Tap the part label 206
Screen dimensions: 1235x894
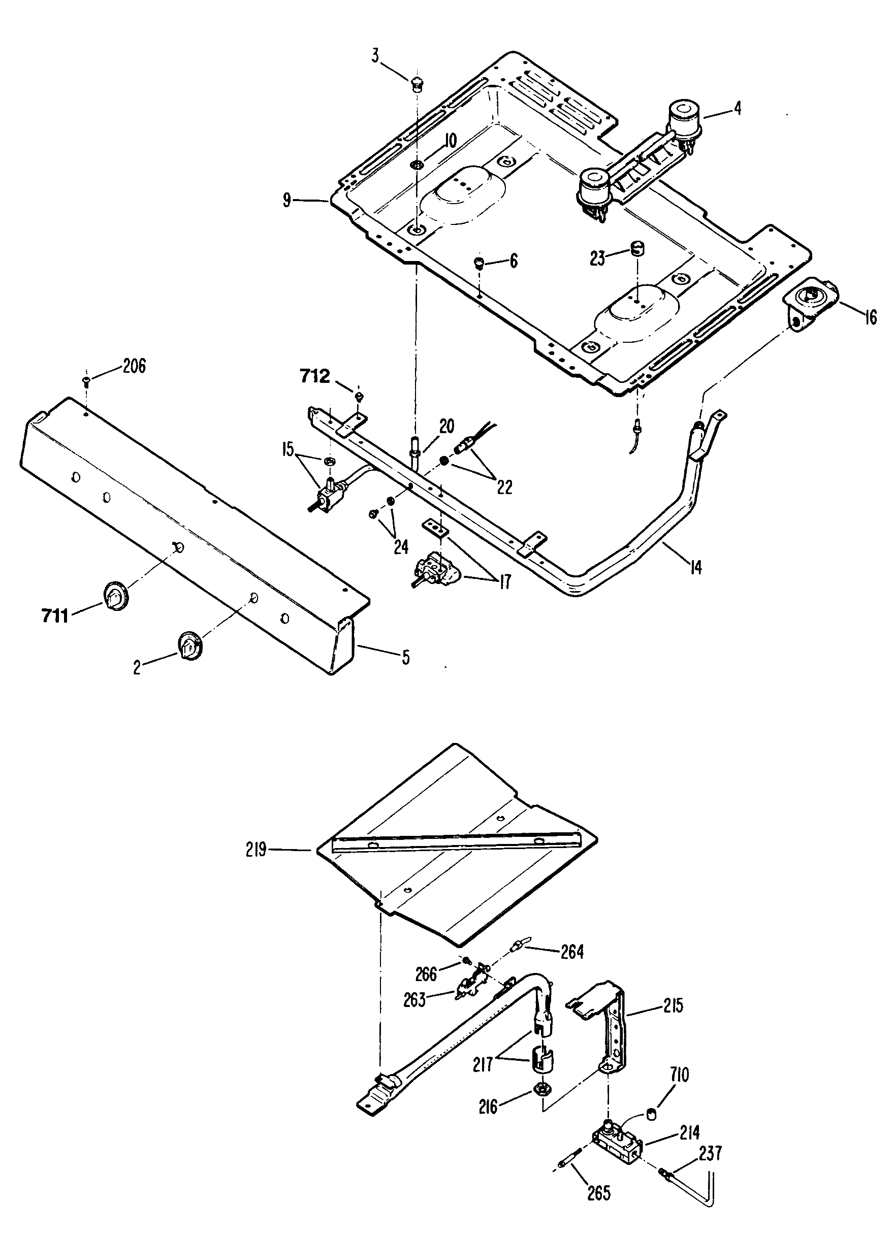tap(134, 366)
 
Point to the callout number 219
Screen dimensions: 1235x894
tap(256, 849)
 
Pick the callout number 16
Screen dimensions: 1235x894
tap(871, 317)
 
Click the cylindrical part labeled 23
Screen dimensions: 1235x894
tap(637, 249)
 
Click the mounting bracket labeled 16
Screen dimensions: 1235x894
tap(810, 302)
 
